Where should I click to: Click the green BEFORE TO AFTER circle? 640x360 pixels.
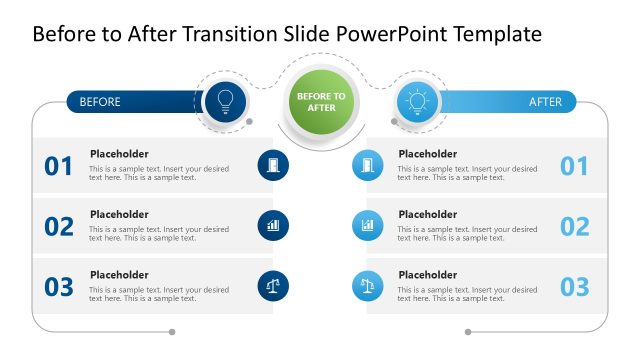(x=320, y=102)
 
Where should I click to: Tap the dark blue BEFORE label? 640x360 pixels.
(x=100, y=102)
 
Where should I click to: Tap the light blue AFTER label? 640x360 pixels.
(x=545, y=102)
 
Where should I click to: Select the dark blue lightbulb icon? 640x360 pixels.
(x=225, y=101)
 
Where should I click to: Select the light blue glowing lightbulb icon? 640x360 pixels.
(x=416, y=101)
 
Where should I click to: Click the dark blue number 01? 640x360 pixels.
(x=59, y=166)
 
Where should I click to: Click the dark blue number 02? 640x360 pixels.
(x=59, y=227)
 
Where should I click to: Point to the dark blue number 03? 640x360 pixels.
(x=59, y=287)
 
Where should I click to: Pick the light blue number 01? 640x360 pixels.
(x=574, y=166)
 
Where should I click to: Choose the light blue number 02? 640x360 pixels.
(x=574, y=227)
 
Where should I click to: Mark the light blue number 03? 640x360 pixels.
(x=574, y=287)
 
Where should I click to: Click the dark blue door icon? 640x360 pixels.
(x=273, y=165)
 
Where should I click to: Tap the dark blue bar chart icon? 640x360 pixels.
(x=273, y=225)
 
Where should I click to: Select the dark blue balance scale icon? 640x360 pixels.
(x=273, y=286)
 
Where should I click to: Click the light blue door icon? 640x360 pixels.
(x=367, y=165)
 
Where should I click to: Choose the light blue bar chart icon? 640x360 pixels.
(x=367, y=225)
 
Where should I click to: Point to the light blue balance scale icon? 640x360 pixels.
(x=367, y=286)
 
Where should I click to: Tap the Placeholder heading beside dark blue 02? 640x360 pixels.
(x=119, y=214)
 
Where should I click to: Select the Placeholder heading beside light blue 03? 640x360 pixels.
(x=427, y=275)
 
